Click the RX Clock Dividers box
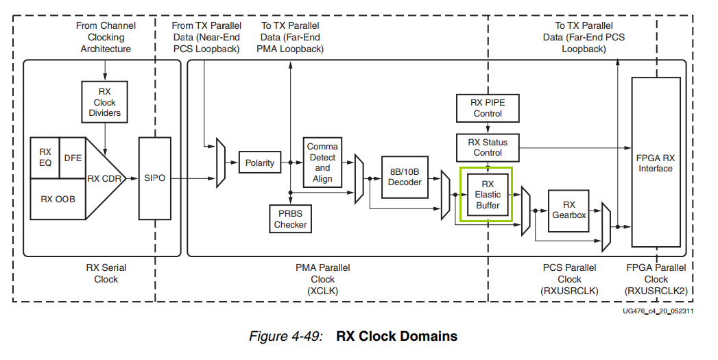[x=104, y=102]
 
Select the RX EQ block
[x=45, y=157]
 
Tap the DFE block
[x=72, y=157]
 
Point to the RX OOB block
[x=58, y=199]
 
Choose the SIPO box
[x=154, y=178]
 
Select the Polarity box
[x=259, y=163]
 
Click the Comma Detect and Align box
[x=322, y=163]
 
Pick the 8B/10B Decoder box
[x=405, y=177]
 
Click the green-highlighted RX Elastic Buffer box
[x=488, y=195]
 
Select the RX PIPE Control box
[x=488, y=108]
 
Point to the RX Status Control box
[x=488, y=147]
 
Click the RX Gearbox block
[x=569, y=210]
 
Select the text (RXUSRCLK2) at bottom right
[x=656, y=291]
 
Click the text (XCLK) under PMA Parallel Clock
[x=322, y=291]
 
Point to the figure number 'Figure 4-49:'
[x=288, y=337]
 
